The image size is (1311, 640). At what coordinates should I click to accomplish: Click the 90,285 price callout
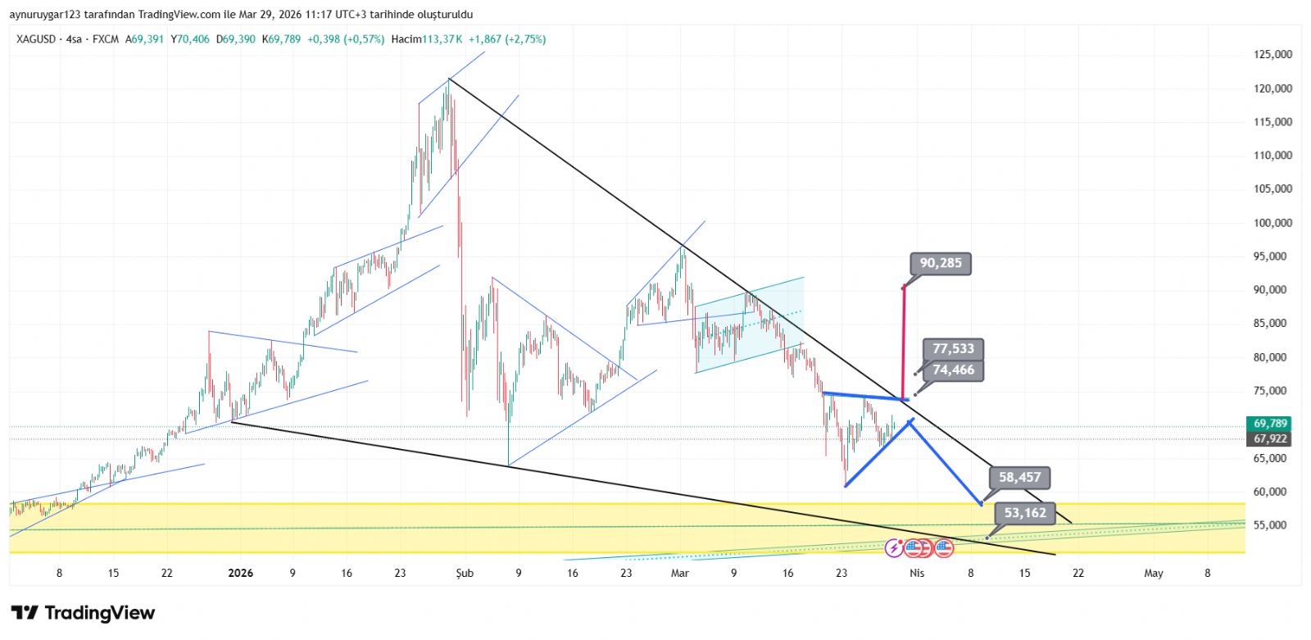click(940, 263)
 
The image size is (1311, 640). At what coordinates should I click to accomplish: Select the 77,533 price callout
click(953, 349)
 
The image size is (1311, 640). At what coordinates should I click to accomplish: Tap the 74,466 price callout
click(953, 370)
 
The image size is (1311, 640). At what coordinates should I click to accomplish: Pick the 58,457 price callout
click(1019, 477)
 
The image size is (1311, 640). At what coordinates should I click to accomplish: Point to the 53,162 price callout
click(1024, 513)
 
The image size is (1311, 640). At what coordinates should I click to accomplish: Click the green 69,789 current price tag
click(1270, 424)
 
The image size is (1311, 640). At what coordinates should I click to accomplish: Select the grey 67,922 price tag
click(1270, 439)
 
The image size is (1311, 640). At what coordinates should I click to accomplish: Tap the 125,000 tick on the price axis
click(1272, 55)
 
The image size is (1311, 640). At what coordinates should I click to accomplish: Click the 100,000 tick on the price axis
click(1272, 223)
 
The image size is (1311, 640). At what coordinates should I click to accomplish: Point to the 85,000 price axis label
click(1272, 324)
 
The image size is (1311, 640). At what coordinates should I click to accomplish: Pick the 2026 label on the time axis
click(240, 574)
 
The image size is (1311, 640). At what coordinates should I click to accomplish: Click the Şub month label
click(465, 574)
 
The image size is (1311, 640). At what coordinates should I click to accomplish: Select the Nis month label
click(917, 574)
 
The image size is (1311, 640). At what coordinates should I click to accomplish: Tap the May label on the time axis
click(1153, 574)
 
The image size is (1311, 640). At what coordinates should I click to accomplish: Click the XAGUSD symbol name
click(35, 39)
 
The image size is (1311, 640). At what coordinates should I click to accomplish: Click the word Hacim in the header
click(406, 39)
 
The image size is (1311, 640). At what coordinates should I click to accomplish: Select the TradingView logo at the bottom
click(83, 613)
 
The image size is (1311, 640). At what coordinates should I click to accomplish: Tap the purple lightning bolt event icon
click(894, 547)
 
